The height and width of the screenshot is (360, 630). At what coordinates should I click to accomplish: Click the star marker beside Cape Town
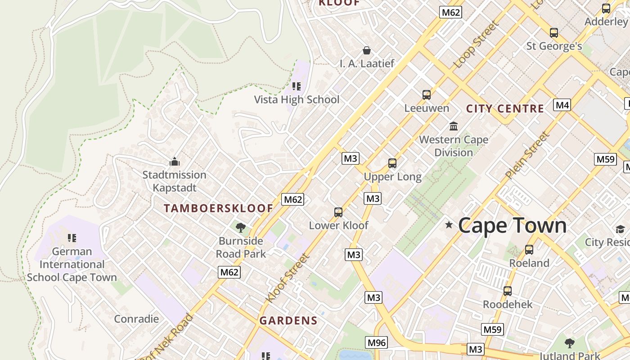coord(449,225)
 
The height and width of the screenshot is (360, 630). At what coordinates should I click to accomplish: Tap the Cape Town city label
coord(512,225)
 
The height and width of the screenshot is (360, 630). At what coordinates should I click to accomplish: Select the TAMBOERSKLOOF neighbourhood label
coord(218,208)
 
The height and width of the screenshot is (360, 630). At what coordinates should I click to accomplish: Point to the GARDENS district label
coord(288,321)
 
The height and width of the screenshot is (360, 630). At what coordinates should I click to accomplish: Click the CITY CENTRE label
coord(505,108)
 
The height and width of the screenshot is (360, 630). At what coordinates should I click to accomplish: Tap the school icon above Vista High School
coord(296,86)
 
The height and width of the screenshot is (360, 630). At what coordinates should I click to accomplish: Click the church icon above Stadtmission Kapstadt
coord(174,162)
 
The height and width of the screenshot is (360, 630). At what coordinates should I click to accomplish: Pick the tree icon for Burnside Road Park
coord(241,227)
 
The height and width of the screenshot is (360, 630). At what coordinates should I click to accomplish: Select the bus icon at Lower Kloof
coord(338,212)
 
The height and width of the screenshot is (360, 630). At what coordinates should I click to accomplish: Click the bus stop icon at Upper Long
coord(392,163)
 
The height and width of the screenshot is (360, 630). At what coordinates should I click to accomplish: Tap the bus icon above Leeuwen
coord(427,95)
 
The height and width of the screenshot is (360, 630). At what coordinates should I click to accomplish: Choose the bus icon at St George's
coord(554,33)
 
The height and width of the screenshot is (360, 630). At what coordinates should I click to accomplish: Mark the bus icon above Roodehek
coord(508,291)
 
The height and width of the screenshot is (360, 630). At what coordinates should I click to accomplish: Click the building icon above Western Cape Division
coord(454,126)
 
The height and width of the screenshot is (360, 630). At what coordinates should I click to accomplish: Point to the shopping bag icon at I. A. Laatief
coord(367,50)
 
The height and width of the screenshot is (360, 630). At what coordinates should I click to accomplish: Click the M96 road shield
coord(377,343)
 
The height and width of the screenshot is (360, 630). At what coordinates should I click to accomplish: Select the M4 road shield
coord(562,105)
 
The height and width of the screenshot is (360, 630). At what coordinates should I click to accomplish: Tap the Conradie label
coord(136,319)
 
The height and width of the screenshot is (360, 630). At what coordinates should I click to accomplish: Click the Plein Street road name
coord(527,154)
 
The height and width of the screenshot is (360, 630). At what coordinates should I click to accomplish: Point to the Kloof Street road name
coord(288,278)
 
